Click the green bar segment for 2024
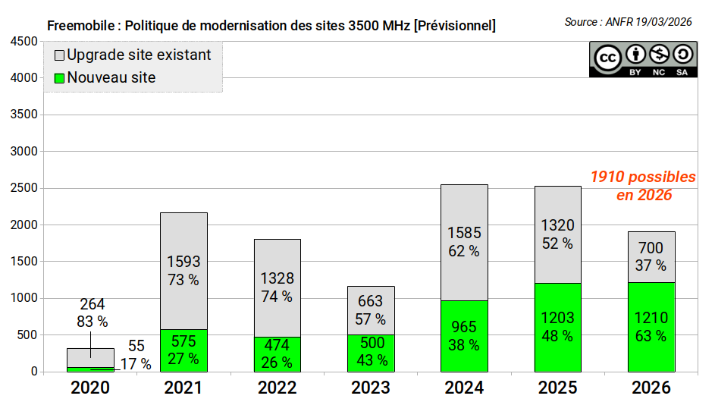[464, 336]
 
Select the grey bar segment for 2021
[183, 271]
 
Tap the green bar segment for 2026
[651, 327]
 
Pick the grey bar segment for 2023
[371, 311]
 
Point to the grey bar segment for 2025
[558, 234]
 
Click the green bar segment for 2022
[278, 354]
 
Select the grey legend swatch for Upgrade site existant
[59, 55]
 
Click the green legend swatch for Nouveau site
[59, 78]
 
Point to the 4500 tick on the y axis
[42, 42]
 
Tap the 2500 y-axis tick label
[24, 188]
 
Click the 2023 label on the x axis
[371, 388]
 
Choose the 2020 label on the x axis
[90, 388]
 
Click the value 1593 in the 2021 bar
[183, 262]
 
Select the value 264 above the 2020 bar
[92, 304]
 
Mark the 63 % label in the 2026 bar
[651, 336]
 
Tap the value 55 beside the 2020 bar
[136, 346]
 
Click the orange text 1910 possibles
[643, 177]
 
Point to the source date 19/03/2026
[664, 22]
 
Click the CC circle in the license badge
[607, 58]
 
